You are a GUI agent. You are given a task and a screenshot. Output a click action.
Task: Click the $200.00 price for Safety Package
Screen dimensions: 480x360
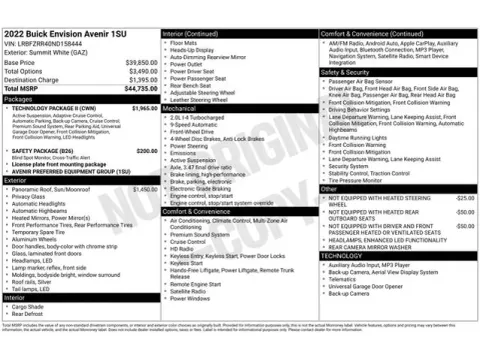tap(147, 151)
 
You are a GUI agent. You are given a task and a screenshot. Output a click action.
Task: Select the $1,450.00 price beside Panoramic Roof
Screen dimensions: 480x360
tap(145, 189)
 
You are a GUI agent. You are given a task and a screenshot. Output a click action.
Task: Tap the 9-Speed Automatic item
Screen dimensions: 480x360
tap(196, 124)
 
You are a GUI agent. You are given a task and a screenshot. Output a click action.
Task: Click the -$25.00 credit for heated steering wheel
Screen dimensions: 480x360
tap(464, 198)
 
